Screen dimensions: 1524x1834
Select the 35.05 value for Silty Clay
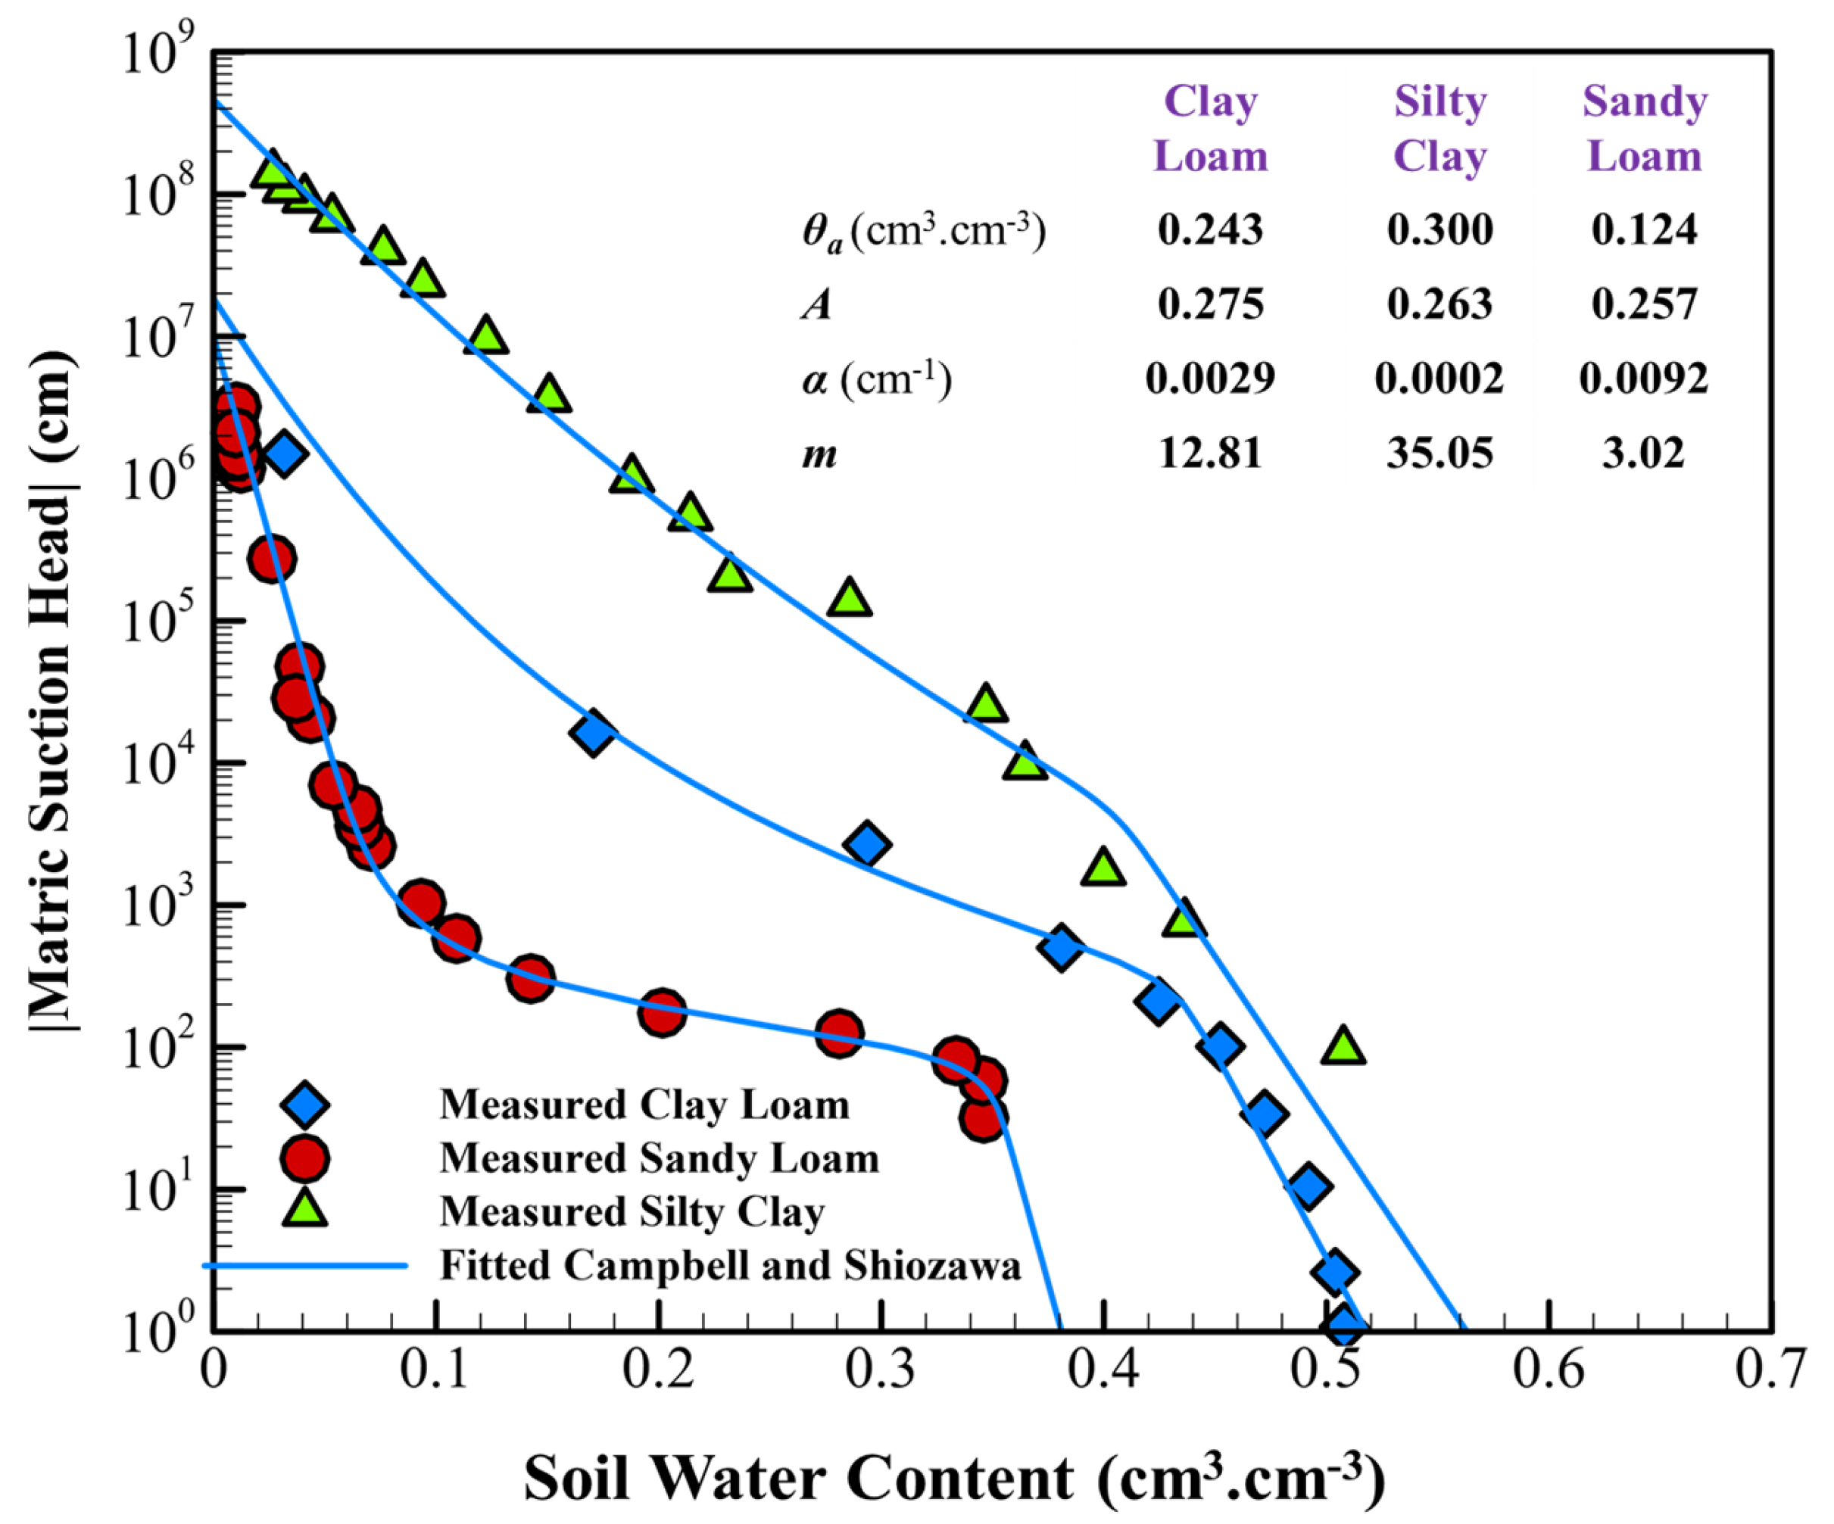pyautogui.click(x=1439, y=453)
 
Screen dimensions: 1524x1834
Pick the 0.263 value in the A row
pyautogui.click(x=1439, y=304)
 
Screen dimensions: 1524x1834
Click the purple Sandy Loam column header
pyautogui.click(x=1645, y=129)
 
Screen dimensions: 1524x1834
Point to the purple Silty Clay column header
pyautogui.click(x=1439, y=129)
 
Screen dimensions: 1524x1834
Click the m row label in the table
pyautogui.click(x=819, y=454)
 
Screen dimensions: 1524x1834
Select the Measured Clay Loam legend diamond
pyautogui.click(x=305, y=1105)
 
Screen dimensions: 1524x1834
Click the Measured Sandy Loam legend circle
pyautogui.click(x=305, y=1159)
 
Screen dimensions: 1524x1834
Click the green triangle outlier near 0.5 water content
pyautogui.click(x=1343, y=1046)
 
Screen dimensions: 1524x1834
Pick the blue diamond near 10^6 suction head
pyautogui.click(x=283, y=453)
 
